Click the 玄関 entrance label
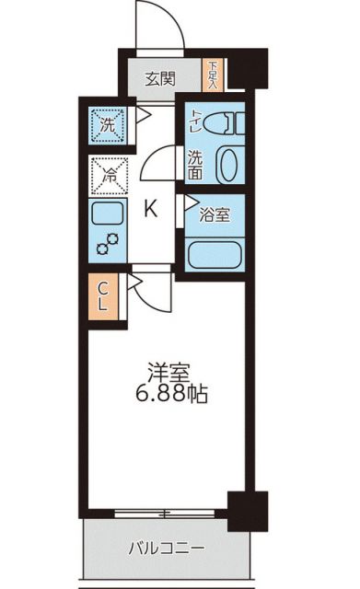coord(160,78)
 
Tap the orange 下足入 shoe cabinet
coord(213,74)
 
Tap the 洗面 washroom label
coord(196,164)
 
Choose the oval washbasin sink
coord(227,164)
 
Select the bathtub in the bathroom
coord(215,251)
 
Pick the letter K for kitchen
coord(150,209)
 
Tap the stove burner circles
coord(107,244)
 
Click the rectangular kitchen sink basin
coord(107,216)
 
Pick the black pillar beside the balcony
coord(248,509)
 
